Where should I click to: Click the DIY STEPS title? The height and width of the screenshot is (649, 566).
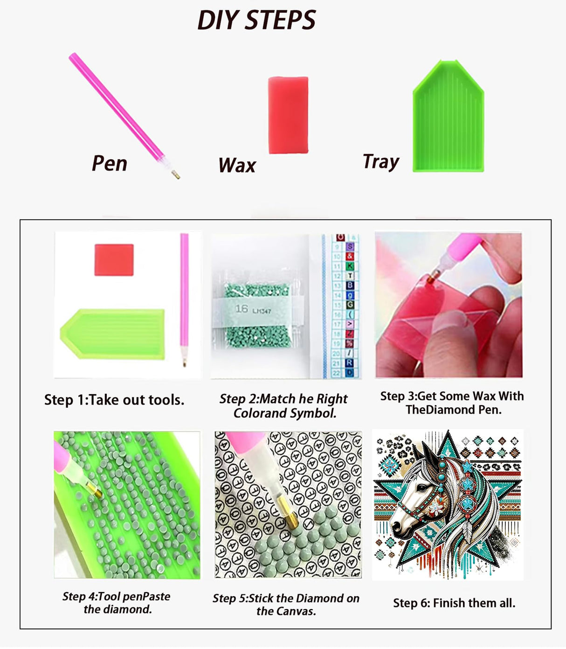[256, 20]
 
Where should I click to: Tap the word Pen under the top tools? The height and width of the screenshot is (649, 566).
[110, 163]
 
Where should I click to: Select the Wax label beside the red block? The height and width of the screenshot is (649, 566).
[237, 165]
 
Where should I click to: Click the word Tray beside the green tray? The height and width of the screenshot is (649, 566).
[381, 162]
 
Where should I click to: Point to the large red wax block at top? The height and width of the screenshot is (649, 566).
[288, 115]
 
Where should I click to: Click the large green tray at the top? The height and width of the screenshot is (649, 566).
[448, 116]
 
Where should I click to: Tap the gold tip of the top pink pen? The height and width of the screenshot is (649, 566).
[176, 175]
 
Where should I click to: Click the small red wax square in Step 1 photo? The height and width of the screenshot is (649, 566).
[114, 260]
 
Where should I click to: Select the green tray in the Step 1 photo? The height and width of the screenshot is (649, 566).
[112, 334]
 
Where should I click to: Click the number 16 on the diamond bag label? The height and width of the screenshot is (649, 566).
[242, 308]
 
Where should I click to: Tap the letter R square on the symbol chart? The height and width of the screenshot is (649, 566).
[349, 363]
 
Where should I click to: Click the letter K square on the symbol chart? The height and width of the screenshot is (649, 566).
[350, 266]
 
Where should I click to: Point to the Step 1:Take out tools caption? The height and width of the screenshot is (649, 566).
[114, 400]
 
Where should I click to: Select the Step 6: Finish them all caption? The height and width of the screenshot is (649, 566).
[454, 603]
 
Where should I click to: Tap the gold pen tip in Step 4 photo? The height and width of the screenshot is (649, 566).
[94, 489]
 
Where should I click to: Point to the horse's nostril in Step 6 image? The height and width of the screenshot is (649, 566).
[396, 525]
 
